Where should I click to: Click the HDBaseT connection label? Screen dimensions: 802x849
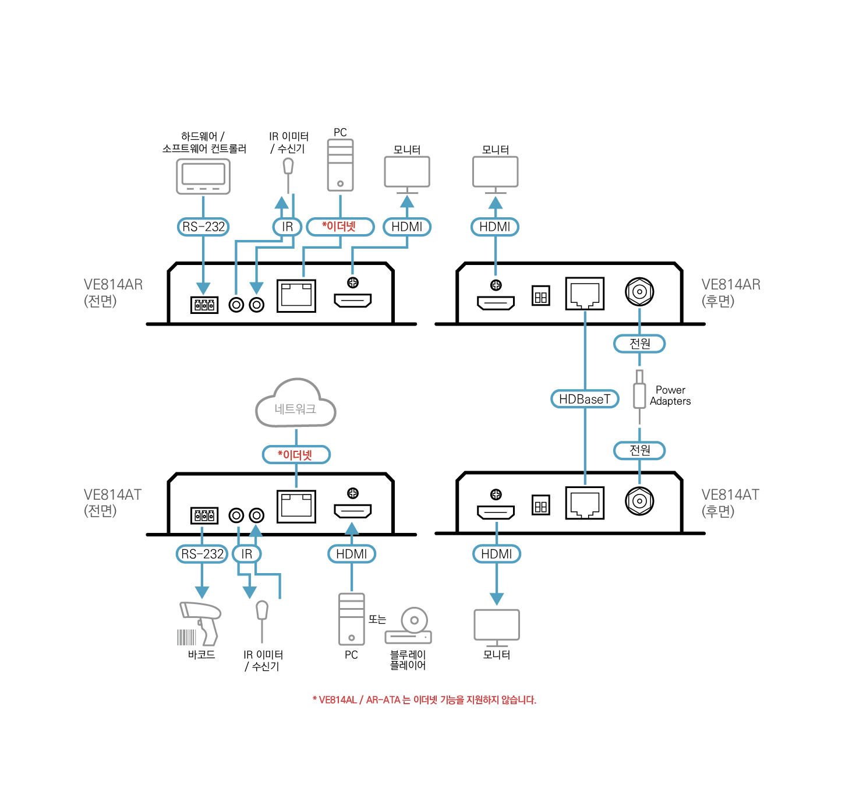[585, 399]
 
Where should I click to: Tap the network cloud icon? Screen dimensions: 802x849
[296, 404]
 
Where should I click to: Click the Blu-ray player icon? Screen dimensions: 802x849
[409, 627]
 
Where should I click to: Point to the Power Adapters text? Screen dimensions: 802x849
[670, 395]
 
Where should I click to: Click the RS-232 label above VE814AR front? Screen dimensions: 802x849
[203, 227]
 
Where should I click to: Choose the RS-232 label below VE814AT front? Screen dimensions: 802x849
[202, 554]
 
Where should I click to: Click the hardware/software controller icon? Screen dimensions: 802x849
[203, 176]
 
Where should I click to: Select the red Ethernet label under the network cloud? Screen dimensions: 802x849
[296, 455]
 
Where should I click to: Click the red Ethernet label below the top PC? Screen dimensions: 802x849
[340, 227]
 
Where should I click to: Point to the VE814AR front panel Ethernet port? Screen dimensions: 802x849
[296, 295]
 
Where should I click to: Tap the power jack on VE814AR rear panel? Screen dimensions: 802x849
[639, 292]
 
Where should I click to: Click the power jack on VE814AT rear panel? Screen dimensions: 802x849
[639, 501]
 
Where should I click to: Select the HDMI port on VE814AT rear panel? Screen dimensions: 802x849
[496, 512]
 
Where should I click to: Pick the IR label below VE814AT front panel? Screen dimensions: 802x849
[247, 554]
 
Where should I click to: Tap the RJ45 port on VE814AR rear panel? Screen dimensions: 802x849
[585, 294]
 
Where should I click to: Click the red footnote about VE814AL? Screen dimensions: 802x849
[424, 699]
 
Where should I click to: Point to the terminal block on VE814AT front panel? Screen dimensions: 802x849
[204, 515]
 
